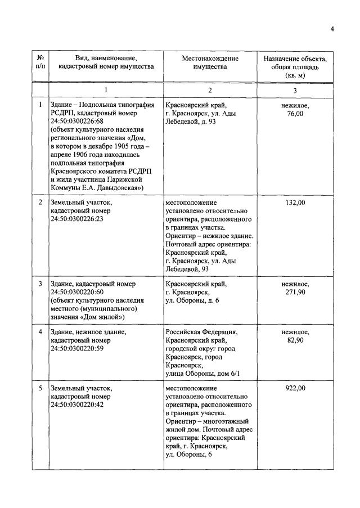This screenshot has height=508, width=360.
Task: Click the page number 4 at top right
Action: (x=332, y=29)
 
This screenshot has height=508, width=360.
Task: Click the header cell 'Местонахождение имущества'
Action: (x=210, y=62)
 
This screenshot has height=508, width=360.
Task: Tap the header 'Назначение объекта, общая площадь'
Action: (x=295, y=66)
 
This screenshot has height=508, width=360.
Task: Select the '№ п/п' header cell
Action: (x=40, y=62)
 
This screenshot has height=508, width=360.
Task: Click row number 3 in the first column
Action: (x=40, y=284)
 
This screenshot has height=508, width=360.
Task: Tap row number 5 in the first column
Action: (x=40, y=388)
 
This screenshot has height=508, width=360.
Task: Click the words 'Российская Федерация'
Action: (x=201, y=332)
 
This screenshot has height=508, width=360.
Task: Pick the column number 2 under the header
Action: (x=210, y=90)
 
